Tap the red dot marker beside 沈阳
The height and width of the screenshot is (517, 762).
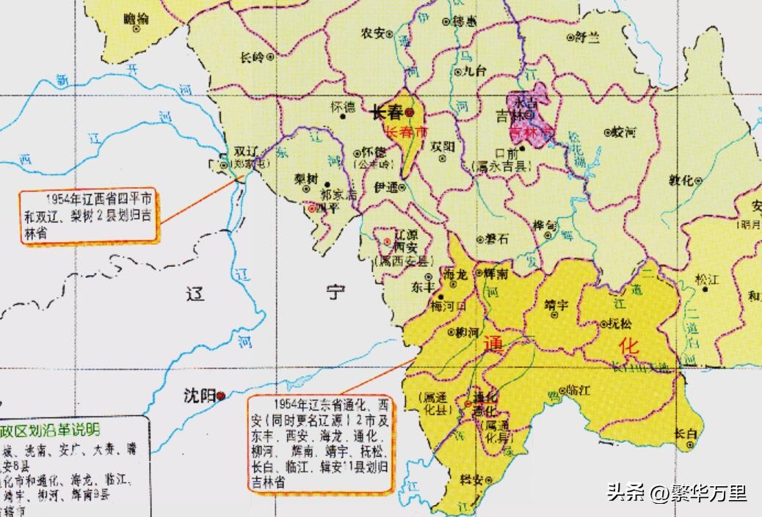220,395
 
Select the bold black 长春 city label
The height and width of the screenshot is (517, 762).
387,112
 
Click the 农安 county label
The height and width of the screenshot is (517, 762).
373,33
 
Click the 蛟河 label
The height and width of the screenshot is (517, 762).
624,132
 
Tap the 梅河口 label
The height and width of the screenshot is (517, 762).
449,305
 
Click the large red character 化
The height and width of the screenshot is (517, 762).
629,345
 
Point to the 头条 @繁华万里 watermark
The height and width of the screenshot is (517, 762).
676,493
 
